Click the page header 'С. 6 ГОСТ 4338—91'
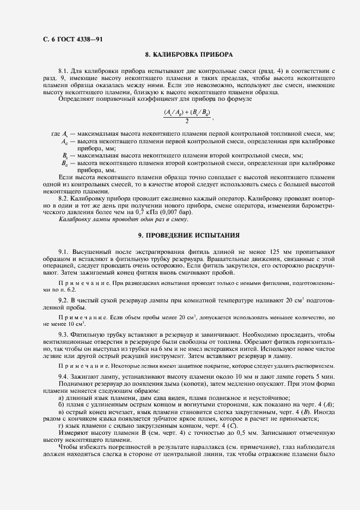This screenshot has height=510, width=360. (x=72, y=39)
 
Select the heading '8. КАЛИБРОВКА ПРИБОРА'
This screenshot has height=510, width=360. (x=189, y=55)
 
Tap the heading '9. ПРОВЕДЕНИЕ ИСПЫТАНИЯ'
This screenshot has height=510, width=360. (x=189, y=235)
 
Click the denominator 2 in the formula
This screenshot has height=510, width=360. (x=187, y=121)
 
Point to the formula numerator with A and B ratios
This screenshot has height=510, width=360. (x=187, y=112)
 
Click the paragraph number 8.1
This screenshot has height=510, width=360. (x=64, y=71)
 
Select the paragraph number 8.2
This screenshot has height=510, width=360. (x=64, y=198)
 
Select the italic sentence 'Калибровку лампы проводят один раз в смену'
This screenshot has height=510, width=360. (x=118, y=219)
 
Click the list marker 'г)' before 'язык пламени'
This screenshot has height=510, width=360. (x=61, y=426)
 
